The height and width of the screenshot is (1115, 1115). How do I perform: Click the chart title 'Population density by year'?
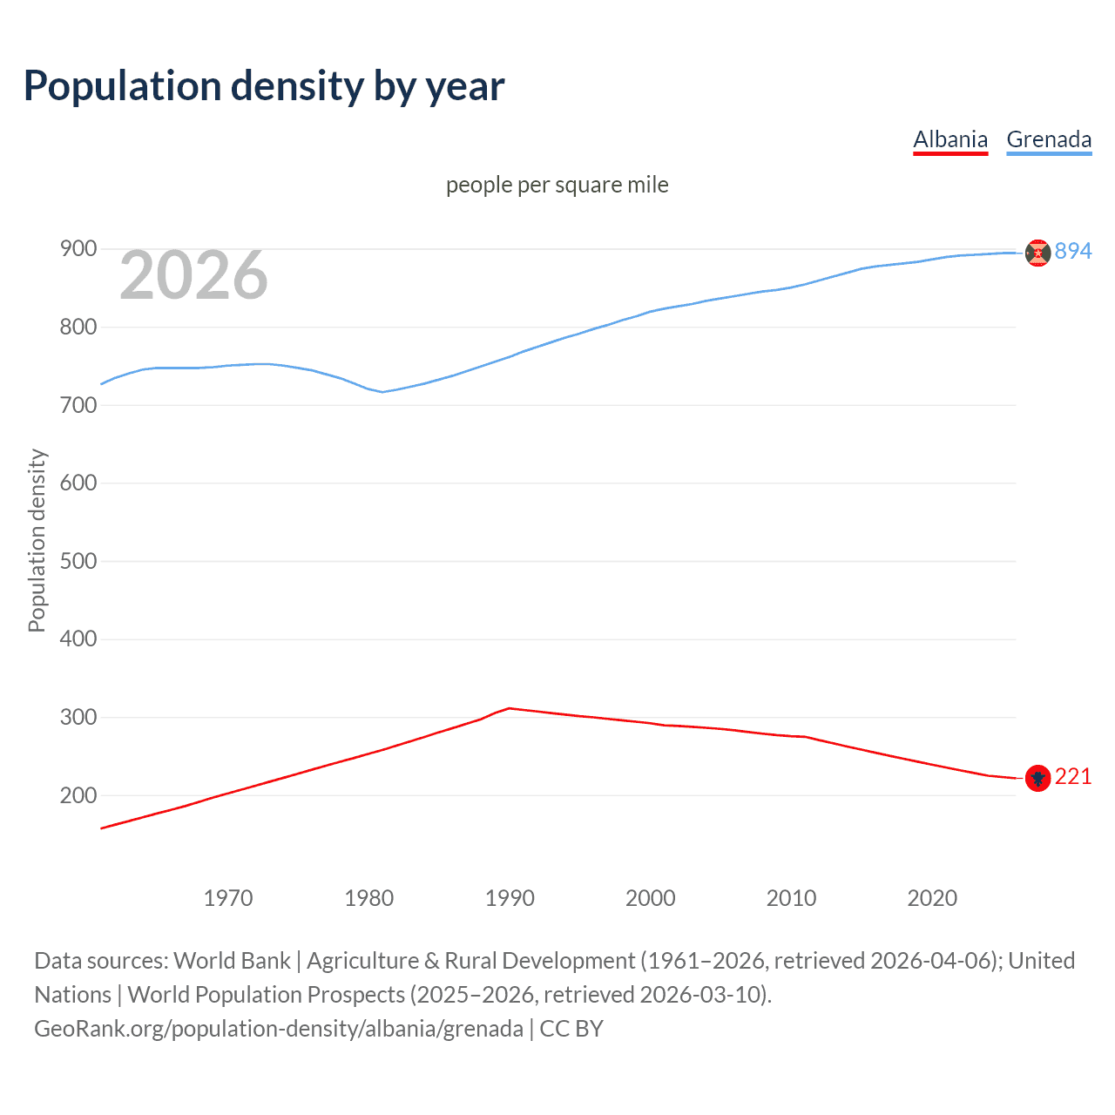coord(264,86)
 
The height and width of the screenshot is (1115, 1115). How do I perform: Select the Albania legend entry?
coord(949,139)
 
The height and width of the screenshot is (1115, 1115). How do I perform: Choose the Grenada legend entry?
coord(1049,139)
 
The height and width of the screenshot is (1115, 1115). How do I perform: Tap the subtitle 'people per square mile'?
coord(557,185)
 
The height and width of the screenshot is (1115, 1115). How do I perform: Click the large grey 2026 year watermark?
coord(193,275)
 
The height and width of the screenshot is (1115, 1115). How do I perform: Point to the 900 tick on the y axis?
coord(78,249)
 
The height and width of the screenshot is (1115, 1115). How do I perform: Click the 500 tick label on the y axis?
coord(78,561)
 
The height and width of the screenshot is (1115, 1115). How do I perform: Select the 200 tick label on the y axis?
coord(78,795)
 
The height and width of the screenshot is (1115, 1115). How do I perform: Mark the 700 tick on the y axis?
coord(78,405)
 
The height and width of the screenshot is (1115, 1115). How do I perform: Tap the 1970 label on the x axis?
coord(228,898)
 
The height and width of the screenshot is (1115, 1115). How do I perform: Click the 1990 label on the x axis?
coord(510,898)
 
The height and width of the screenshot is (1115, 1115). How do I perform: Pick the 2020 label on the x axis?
coord(932,898)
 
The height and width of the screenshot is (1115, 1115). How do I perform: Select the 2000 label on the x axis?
coord(651,898)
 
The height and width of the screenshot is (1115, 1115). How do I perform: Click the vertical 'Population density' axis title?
coord(37,540)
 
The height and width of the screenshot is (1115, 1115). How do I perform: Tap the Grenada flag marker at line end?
coord(1037,253)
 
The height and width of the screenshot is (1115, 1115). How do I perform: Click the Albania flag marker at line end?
coord(1037,778)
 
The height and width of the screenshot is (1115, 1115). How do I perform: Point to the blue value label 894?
coord(1073,251)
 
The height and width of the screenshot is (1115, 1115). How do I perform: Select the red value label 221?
coord(1073,776)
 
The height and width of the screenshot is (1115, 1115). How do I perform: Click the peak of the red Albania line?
coord(510,708)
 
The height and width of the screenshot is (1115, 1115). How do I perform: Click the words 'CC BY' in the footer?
coord(571,1029)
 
